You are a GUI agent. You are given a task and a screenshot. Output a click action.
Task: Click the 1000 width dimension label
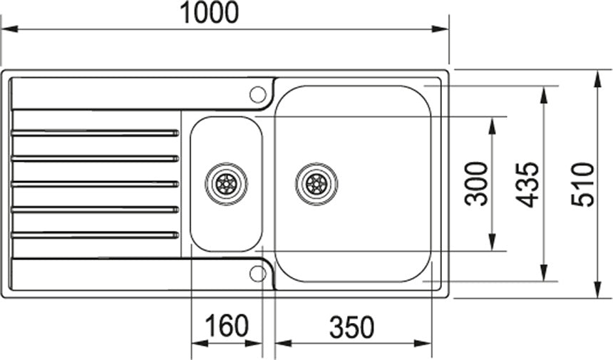click(209, 12)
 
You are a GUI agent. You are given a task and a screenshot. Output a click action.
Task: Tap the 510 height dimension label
click(582, 185)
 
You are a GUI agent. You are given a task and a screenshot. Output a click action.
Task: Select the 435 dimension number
click(527, 184)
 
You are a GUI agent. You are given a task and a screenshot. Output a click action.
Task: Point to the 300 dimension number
click(476, 184)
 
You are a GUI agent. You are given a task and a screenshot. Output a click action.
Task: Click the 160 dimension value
click(227, 325)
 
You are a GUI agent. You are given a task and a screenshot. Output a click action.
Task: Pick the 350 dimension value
click(352, 327)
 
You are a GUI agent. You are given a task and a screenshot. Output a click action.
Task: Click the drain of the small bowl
click(227, 183)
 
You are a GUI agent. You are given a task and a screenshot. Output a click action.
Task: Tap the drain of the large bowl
click(316, 183)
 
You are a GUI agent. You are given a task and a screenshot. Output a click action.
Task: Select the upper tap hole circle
click(257, 94)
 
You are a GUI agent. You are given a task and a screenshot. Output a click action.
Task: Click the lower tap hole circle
click(257, 274)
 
